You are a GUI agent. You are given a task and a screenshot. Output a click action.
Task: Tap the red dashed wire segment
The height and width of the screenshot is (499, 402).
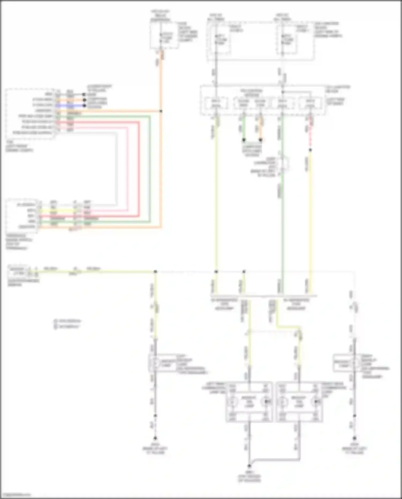310,134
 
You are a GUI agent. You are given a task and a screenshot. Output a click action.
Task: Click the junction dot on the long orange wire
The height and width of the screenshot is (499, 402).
161,111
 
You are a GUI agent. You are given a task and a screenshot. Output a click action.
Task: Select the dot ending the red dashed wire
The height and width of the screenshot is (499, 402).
310,150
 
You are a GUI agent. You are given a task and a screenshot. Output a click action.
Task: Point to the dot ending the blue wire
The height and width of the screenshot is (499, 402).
84,106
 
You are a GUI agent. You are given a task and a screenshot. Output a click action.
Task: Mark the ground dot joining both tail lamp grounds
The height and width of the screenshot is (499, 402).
249,466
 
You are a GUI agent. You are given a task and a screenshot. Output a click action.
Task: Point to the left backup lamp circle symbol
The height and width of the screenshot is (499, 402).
155,363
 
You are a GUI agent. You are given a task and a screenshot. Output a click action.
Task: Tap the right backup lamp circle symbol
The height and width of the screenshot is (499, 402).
354,363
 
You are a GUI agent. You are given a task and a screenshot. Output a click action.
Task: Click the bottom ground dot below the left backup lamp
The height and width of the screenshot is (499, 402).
155,438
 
